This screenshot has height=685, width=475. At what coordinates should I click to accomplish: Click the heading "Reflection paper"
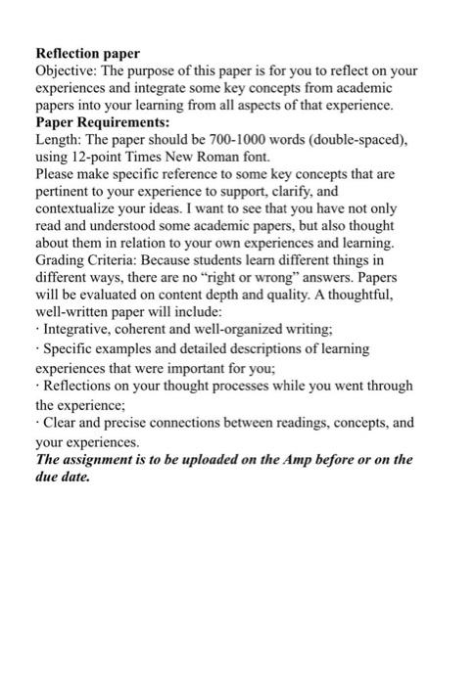point(88,53)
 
